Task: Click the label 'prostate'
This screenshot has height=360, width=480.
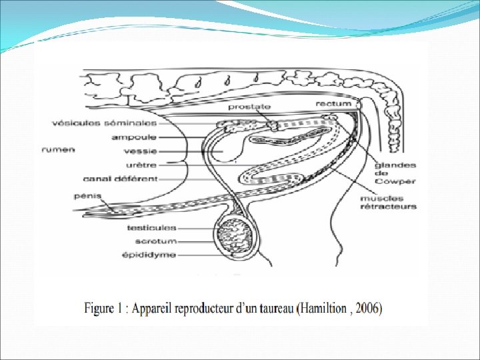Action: [x=249, y=106]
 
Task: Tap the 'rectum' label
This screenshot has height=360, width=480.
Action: [x=333, y=104]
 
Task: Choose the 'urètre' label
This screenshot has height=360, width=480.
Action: [x=142, y=165]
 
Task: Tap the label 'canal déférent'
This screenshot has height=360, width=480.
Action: [x=120, y=179]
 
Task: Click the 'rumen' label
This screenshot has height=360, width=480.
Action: [x=59, y=149]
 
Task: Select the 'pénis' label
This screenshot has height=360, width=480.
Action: [x=87, y=197]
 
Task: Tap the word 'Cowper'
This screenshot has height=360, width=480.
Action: [x=395, y=181]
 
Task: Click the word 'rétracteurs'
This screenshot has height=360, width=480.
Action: [x=388, y=206]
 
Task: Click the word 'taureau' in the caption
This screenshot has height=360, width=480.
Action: [x=272, y=309]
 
